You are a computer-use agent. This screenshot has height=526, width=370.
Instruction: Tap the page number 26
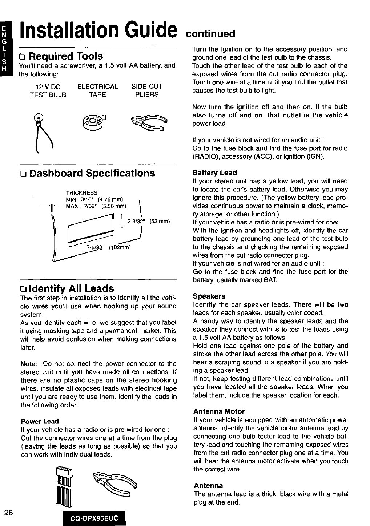coord(9,513)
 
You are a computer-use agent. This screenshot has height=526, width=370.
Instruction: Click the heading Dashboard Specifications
coord(92,173)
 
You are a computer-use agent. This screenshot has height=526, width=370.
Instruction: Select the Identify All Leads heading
coord(71,288)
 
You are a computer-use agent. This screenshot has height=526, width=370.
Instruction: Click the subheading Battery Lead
coord(215,172)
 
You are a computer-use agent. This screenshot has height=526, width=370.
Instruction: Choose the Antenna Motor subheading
coord(219,411)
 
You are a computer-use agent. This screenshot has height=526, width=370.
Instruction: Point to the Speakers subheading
coord(209,296)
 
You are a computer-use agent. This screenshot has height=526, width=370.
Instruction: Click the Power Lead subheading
coord(40,421)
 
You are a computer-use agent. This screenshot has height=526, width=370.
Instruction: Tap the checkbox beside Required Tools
coord(23,57)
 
